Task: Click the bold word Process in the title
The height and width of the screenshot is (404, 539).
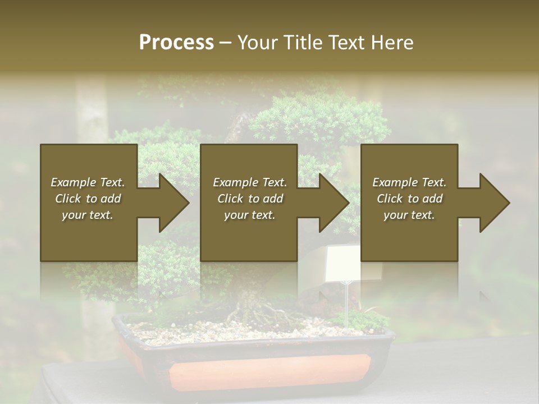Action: tap(176, 42)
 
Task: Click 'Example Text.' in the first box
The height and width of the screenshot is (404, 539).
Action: tap(88, 182)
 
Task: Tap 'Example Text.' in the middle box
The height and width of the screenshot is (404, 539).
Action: tap(250, 182)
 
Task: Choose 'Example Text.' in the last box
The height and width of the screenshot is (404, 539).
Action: tap(409, 182)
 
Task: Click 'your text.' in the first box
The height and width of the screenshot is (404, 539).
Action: tap(88, 215)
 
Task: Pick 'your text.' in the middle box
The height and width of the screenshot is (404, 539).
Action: tap(250, 215)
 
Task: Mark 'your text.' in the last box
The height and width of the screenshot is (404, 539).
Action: tap(409, 215)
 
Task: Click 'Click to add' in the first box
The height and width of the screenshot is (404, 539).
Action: tap(88, 199)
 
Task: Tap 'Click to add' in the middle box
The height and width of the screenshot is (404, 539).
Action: tap(250, 199)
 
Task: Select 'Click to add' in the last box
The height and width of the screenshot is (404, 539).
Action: tap(409, 199)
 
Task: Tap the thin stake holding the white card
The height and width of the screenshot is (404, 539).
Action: tap(346, 306)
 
